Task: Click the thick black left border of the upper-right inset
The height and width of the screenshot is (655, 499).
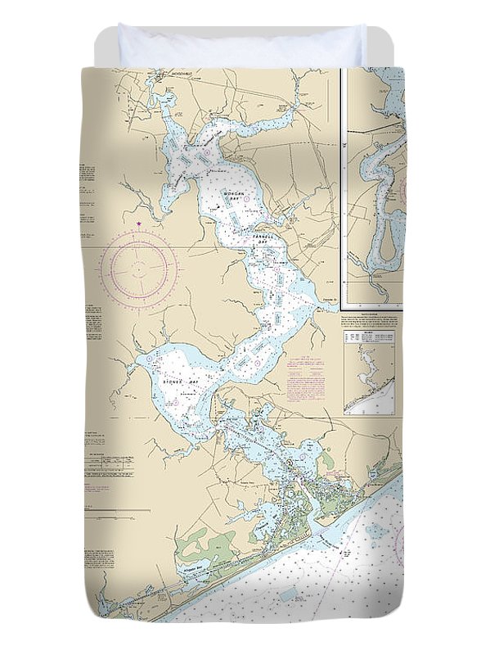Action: [344, 188]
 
